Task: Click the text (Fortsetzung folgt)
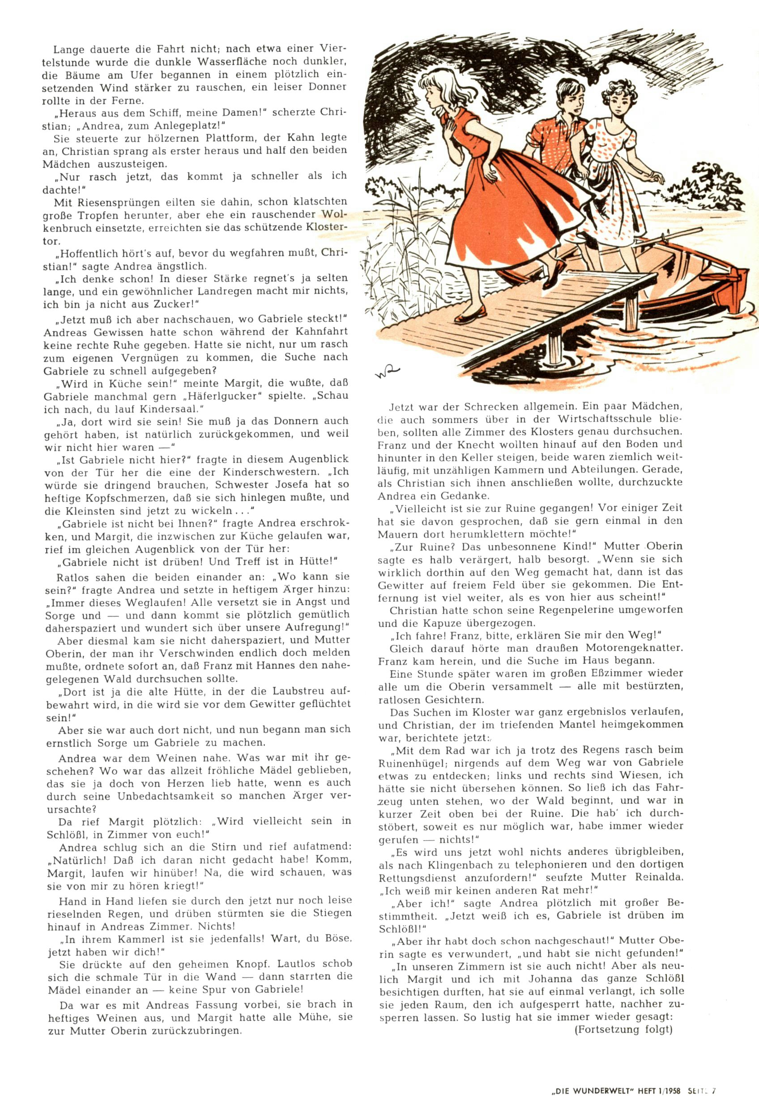[x=624, y=1029]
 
